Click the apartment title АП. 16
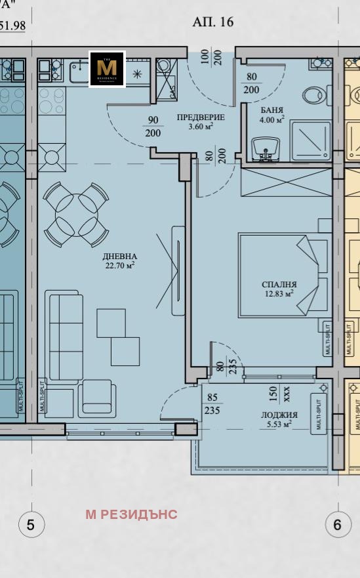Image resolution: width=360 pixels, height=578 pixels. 213,22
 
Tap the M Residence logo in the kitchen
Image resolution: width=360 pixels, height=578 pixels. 108,69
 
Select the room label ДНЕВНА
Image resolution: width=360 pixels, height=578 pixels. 120,257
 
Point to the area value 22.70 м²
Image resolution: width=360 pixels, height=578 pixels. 120,266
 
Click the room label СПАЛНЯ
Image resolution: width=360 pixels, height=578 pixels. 279,285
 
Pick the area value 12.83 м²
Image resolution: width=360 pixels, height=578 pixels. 279,294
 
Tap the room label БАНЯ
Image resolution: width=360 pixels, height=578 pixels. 272,110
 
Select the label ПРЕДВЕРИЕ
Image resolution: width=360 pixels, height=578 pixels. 201,117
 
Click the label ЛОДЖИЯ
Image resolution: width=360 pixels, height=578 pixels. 279,415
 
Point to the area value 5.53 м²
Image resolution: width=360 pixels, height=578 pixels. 279,424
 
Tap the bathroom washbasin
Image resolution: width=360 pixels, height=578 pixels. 266,148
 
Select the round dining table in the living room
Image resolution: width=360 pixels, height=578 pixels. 77,211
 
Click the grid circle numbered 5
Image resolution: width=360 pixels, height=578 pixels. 31,524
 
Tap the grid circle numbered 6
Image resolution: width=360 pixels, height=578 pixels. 338,524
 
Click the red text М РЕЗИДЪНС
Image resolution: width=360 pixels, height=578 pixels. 131,514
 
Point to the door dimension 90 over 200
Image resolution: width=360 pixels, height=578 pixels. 153,127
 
